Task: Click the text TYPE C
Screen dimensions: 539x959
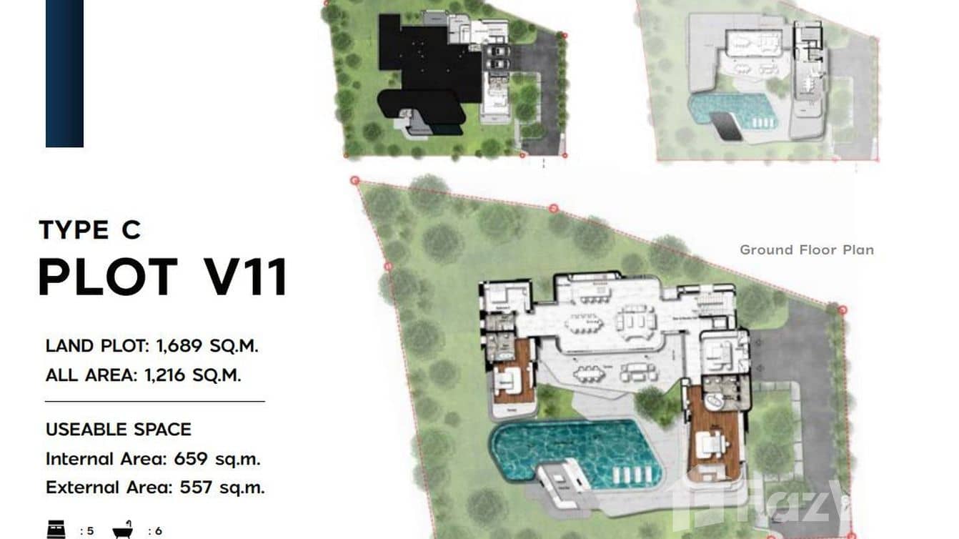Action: tap(90, 230)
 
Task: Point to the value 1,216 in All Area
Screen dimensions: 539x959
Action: tap(164, 375)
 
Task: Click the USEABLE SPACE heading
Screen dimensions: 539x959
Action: tap(119, 430)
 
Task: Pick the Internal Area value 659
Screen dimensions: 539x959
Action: tap(189, 458)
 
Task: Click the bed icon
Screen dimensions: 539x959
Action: tap(55, 530)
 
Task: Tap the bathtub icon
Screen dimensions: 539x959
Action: tap(123, 530)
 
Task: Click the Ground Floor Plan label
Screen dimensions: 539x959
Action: tap(806, 249)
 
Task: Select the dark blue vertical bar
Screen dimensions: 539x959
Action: tap(64, 71)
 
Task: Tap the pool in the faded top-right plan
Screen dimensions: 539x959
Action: tap(729, 111)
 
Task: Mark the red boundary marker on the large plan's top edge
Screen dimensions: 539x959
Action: tap(553, 208)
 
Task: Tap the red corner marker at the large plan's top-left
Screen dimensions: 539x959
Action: tap(354, 182)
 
